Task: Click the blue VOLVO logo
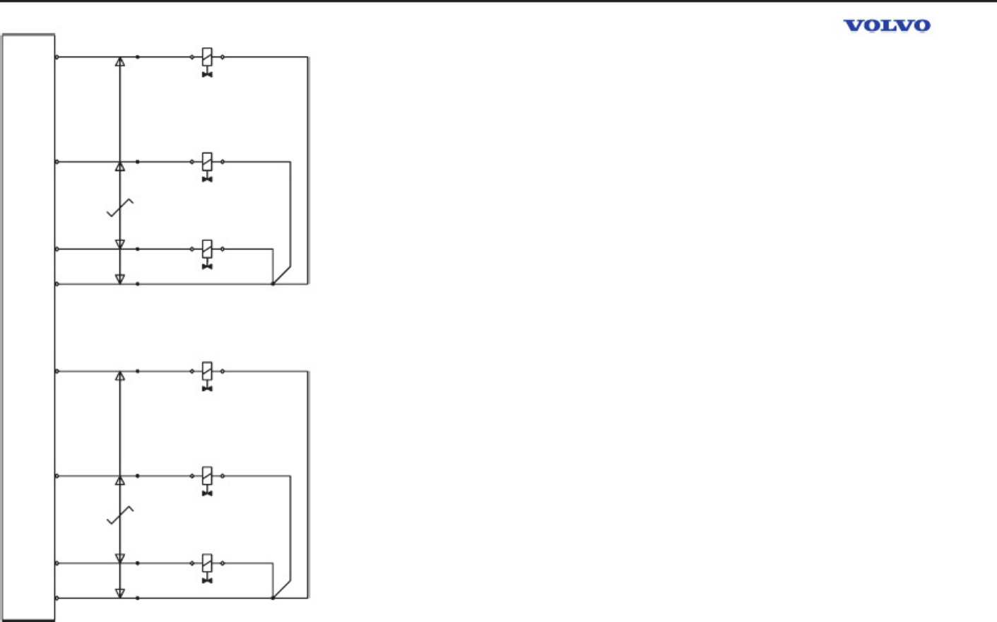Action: (x=887, y=26)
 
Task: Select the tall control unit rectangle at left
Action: (x=28, y=327)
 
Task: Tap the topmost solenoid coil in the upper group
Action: (x=207, y=57)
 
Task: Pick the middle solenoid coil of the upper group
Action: (x=207, y=162)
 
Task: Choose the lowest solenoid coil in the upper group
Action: (x=207, y=249)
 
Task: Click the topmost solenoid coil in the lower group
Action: (x=207, y=371)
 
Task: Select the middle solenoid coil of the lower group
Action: (x=207, y=476)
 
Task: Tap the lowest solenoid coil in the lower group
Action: (x=207, y=563)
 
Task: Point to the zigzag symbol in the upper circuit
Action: (x=119, y=208)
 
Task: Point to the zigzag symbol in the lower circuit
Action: (x=119, y=515)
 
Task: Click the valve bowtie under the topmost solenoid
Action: (x=207, y=75)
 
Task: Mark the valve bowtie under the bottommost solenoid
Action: (x=207, y=580)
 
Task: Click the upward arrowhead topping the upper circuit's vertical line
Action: (x=119, y=62)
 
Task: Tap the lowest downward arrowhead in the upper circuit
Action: (x=119, y=279)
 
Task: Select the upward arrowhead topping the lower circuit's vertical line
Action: (x=119, y=376)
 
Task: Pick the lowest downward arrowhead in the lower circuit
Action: (x=119, y=593)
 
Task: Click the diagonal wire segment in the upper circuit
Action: (x=282, y=275)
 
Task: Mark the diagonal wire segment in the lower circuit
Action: (x=282, y=589)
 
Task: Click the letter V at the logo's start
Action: (x=853, y=26)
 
